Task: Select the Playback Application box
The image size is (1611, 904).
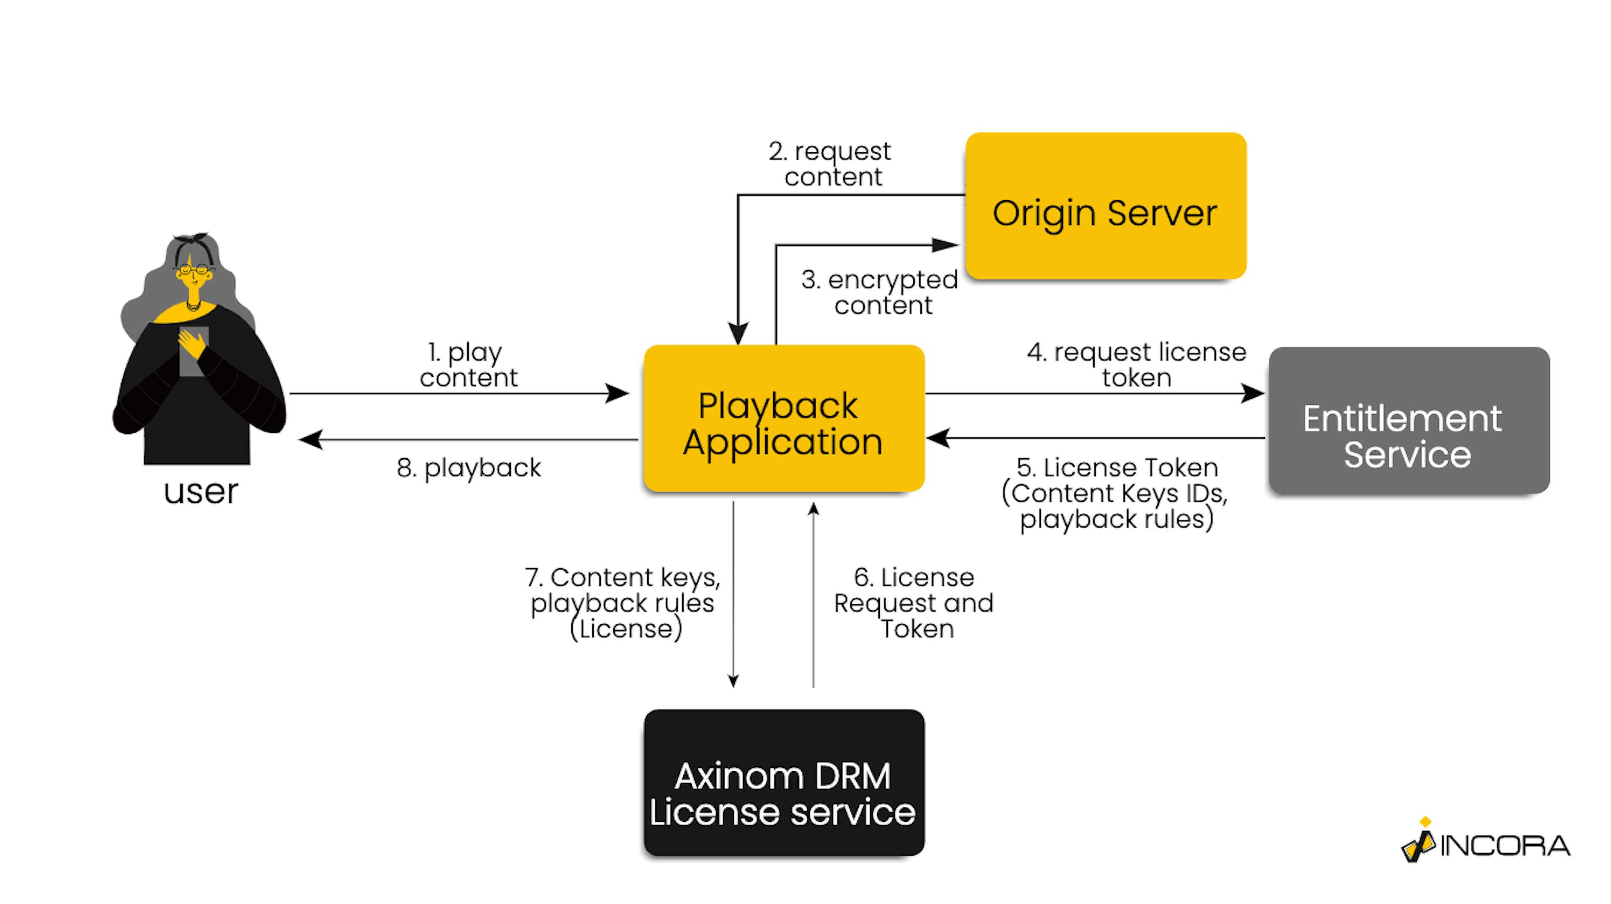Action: pos(784,418)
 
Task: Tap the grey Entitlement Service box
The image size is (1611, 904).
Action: pos(1408,421)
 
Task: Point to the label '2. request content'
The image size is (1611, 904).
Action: pos(832,164)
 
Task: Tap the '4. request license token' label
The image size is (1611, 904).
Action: pos(1137,365)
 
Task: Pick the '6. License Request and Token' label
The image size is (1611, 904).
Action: pos(914,603)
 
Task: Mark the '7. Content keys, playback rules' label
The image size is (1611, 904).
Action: pos(623,603)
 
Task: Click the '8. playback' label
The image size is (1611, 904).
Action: pos(469,468)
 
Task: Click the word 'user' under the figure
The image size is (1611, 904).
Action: pos(201,492)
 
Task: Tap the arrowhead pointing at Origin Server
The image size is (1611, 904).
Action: pos(946,245)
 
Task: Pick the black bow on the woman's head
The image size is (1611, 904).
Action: pos(191,240)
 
